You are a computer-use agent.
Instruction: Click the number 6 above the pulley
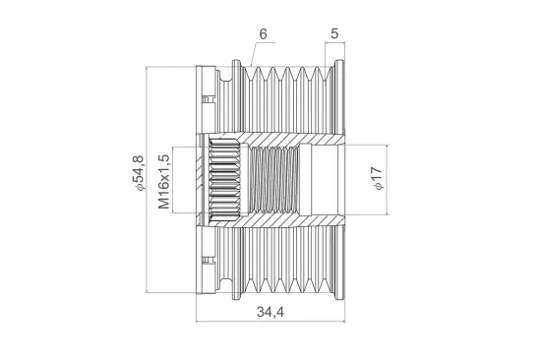pyautogui.click(x=263, y=33)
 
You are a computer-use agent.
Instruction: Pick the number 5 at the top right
pyautogui.click(x=335, y=33)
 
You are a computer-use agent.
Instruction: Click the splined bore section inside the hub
pyautogui.click(x=227, y=179)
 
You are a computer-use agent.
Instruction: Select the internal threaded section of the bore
pyautogui.click(x=272, y=179)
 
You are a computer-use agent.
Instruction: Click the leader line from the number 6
pyautogui.click(x=254, y=54)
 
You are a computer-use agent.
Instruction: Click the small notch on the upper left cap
pyautogui.click(x=207, y=97)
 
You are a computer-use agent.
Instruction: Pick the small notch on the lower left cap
pyautogui.click(x=207, y=261)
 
